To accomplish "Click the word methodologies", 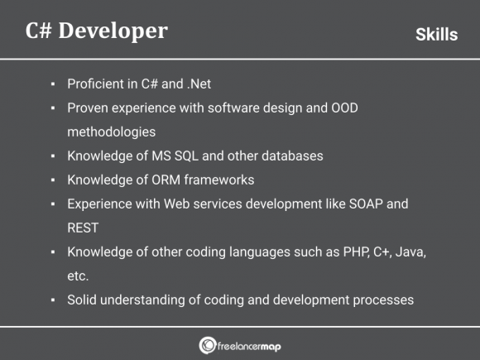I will pos(112,132).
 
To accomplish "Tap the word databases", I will pos(291,156).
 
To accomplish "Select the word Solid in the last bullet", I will pos(83,300).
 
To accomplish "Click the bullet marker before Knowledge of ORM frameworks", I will pos(53,180).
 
